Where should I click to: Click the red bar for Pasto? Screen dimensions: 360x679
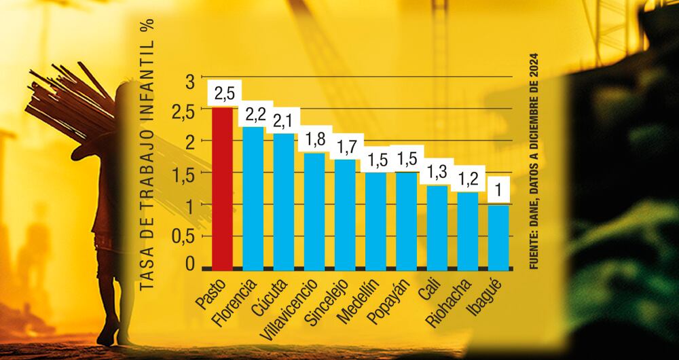(x=223, y=187)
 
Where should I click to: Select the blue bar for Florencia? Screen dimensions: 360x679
(x=253, y=197)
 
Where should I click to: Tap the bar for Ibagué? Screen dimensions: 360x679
(x=498, y=235)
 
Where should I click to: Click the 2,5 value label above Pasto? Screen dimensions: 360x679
(x=224, y=93)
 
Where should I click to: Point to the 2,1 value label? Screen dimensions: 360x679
(x=285, y=121)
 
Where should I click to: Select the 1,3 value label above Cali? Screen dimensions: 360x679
(x=437, y=173)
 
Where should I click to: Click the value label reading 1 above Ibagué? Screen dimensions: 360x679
(x=498, y=192)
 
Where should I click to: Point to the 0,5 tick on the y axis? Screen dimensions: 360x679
(x=181, y=236)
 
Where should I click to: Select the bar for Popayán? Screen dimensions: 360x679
(x=406, y=219)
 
